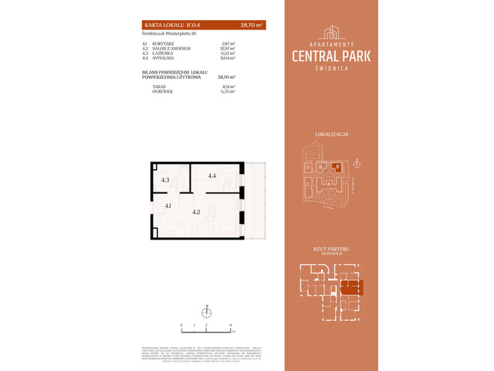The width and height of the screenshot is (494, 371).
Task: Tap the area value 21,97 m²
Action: coord(228,49)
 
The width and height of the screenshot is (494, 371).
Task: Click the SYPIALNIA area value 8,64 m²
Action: coord(228,58)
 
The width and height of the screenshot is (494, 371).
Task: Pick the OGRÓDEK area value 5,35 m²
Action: coord(228,90)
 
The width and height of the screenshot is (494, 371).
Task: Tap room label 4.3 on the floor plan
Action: coord(165,180)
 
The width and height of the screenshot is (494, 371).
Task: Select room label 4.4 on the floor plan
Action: coord(211,176)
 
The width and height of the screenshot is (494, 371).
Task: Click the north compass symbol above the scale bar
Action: coord(206,311)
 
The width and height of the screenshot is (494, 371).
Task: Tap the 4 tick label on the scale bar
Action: coord(231,325)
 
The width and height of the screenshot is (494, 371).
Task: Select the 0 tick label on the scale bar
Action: coord(181,325)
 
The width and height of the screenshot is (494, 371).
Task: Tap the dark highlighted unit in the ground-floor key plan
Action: coord(351,288)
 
